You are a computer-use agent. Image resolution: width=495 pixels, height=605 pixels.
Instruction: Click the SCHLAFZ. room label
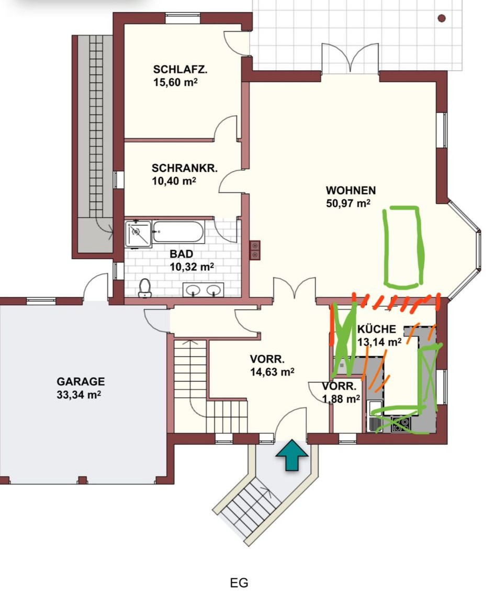point(180,70)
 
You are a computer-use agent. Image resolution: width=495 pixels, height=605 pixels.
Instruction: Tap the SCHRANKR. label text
point(184,168)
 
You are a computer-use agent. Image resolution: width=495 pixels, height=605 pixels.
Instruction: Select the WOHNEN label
point(351,190)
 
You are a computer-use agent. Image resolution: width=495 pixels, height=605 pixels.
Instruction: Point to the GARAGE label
point(81,382)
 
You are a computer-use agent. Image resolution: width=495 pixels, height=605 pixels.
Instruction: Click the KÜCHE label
point(377,329)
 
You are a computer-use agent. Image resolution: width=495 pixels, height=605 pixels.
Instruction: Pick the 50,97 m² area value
point(348,203)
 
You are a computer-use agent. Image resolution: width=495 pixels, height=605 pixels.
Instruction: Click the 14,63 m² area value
point(272,371)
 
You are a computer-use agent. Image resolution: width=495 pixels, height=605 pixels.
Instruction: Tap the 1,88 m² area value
point(341,398)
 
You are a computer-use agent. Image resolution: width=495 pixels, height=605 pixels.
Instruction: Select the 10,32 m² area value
point(192,267)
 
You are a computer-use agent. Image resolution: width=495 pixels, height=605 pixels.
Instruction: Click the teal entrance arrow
point(292,455)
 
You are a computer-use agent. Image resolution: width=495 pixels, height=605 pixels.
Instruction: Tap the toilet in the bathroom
point(144,288)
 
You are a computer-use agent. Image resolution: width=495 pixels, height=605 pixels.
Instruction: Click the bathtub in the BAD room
point(178,232)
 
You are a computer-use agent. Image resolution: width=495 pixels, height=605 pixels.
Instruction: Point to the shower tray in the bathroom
point(138,234)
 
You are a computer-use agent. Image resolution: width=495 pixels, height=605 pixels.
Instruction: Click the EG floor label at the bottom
point(239,582)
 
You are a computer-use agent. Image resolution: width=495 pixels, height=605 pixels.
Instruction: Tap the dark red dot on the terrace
point(442,18)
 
